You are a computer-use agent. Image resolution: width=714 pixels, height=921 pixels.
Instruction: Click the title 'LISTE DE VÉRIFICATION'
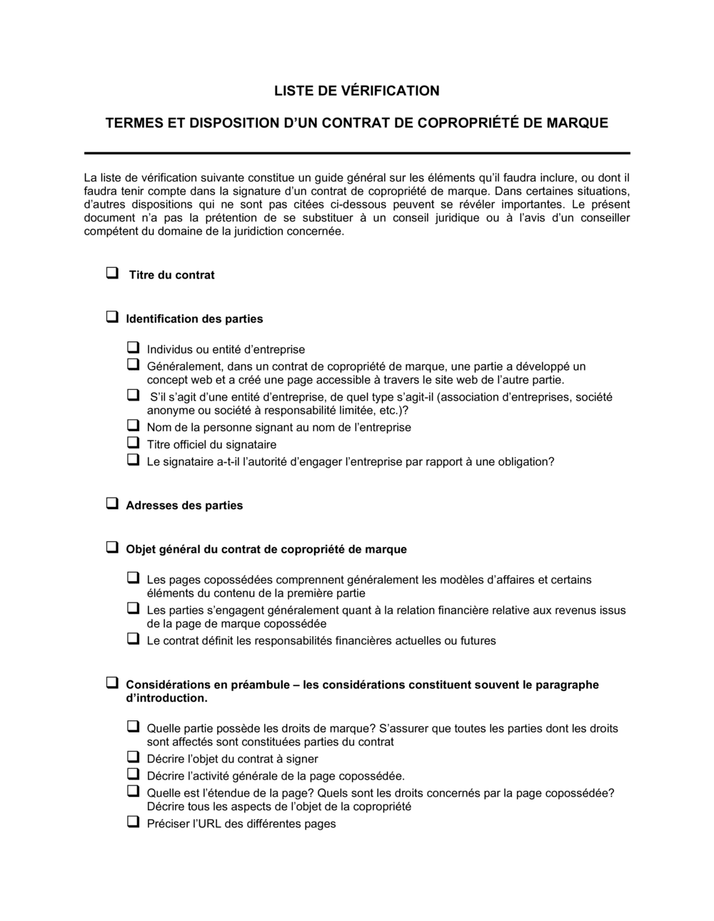(357, 91)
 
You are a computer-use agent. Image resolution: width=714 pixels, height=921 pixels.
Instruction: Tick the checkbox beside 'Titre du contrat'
(112, 273)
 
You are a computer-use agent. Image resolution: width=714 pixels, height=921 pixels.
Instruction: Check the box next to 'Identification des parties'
(112, 317)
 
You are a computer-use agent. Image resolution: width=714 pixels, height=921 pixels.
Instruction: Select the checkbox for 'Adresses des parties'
(112, 503)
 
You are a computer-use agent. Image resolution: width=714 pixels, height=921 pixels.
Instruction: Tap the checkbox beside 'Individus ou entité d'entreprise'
(133, 348)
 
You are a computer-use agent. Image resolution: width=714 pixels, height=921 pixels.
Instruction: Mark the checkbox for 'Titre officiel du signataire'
(133, 443)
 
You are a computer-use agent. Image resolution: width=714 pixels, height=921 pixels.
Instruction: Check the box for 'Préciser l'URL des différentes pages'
(133, 822)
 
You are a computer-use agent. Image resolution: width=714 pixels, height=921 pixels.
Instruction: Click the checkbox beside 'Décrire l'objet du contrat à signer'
(133, 757)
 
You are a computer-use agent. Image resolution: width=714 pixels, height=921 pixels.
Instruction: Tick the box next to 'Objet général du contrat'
(112, 548)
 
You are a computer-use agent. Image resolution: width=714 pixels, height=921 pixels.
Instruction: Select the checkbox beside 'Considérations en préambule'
(112, 683)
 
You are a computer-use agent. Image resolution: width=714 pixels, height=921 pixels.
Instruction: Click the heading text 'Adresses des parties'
(184, 505)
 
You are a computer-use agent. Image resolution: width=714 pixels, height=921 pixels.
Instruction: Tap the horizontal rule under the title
(357, 153)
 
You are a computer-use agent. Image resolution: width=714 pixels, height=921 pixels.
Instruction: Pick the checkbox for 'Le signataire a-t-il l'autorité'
(133, 460)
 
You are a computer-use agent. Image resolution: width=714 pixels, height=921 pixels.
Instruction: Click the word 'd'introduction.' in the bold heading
(167, 698)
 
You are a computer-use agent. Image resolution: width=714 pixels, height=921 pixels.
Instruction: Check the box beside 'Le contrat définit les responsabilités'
(133, 639)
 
